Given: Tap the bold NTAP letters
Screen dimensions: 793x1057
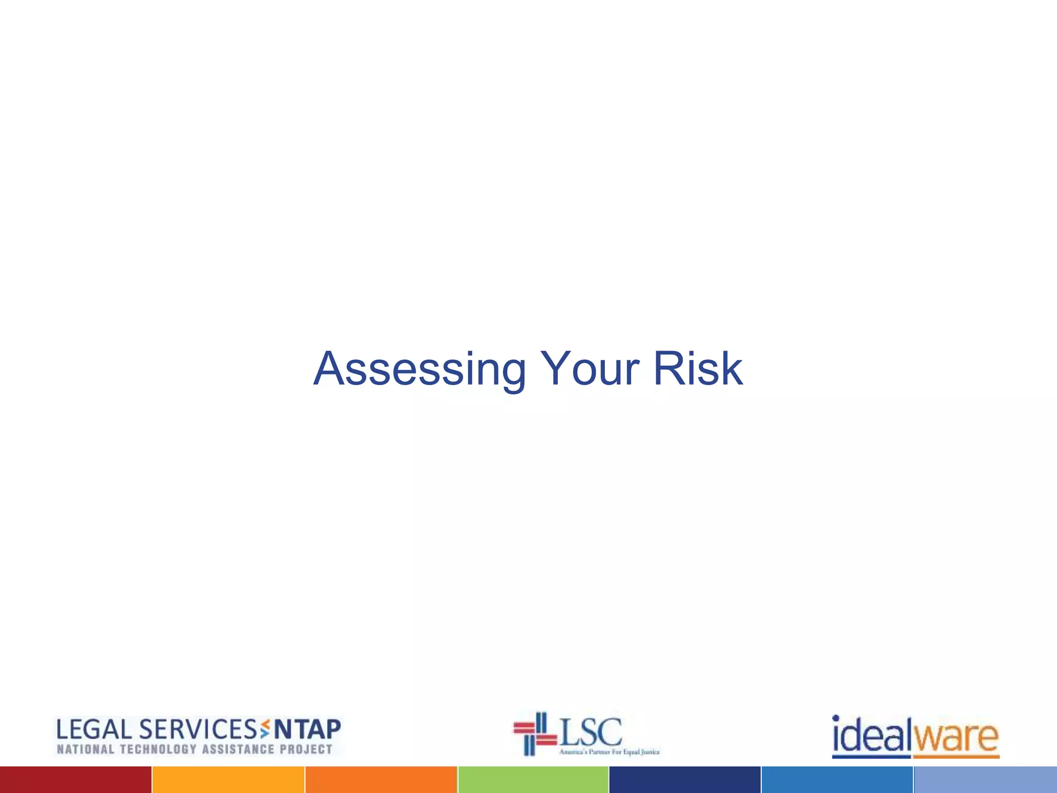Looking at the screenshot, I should coord(307,730).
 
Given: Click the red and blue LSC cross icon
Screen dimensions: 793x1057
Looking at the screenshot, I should coord(534,734).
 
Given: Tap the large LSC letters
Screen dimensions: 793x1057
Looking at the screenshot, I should coord(591,731).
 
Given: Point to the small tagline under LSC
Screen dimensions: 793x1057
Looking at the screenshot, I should coord(609,752).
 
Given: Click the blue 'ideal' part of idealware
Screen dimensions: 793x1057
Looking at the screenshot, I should coord(872,736).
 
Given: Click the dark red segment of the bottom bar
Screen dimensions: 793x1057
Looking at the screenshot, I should coord(75,780).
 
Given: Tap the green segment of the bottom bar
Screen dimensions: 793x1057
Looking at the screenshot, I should coord(533,780).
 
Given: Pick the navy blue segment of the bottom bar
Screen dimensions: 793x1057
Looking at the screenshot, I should coord(685,780).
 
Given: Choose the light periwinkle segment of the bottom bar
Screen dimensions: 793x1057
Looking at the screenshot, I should coord(985,780).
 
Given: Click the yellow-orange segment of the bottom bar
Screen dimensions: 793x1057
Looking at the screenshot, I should coord(228,780).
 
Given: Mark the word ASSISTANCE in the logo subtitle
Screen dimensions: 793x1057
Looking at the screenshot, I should coord(238,750).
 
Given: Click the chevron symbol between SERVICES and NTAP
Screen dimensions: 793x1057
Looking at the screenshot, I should coord(265,729).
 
